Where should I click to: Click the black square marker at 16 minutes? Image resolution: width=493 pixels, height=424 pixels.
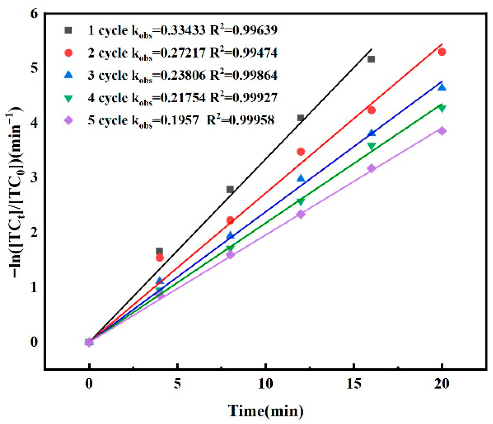371,59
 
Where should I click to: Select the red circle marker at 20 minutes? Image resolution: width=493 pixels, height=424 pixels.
442,52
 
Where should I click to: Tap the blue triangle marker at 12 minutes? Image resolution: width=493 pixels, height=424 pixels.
301,178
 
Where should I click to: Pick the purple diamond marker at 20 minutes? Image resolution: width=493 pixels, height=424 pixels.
442,131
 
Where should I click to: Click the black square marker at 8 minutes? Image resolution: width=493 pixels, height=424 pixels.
230,189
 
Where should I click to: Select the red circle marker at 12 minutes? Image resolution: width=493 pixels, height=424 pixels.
301,152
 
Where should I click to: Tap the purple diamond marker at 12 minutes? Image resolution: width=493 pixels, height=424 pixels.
301,214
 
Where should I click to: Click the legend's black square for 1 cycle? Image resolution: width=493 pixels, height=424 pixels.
69,30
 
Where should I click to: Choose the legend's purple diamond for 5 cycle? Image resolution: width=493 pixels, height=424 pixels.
69,120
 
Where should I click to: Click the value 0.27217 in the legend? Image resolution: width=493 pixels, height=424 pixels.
183,53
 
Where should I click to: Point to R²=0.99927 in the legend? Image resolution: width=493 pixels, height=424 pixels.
243,97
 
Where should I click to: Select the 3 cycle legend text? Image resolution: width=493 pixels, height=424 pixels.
108,75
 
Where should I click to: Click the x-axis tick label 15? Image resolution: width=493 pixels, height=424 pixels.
353,384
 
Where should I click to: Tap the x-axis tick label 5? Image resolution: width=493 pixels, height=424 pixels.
177,384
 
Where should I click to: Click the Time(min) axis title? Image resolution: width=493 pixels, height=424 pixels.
265,411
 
